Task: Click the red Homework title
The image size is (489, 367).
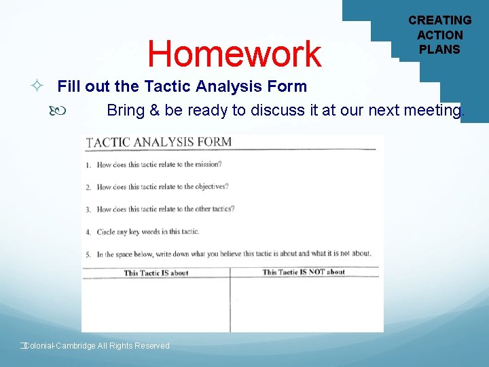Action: [x=234, y=54]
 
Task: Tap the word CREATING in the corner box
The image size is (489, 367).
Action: [x=439, y=20]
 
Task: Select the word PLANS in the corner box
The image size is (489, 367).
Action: [x=439, y=49]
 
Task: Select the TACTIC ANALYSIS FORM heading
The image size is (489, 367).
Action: [x=159, y=142]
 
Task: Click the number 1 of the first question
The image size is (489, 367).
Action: [x=88, y=165]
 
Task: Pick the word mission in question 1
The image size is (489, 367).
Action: [x=207, y=164]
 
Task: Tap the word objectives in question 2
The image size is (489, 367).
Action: [x=210, y=186]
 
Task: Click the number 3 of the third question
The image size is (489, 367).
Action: [x=88, y=210]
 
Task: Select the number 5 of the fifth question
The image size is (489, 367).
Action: [x=88, y=255]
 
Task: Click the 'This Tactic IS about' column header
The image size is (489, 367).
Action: [x=156, y=273]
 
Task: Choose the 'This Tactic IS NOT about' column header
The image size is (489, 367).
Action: [x=304, y=273]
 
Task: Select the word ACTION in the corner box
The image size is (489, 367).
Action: [x=439, y=35]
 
